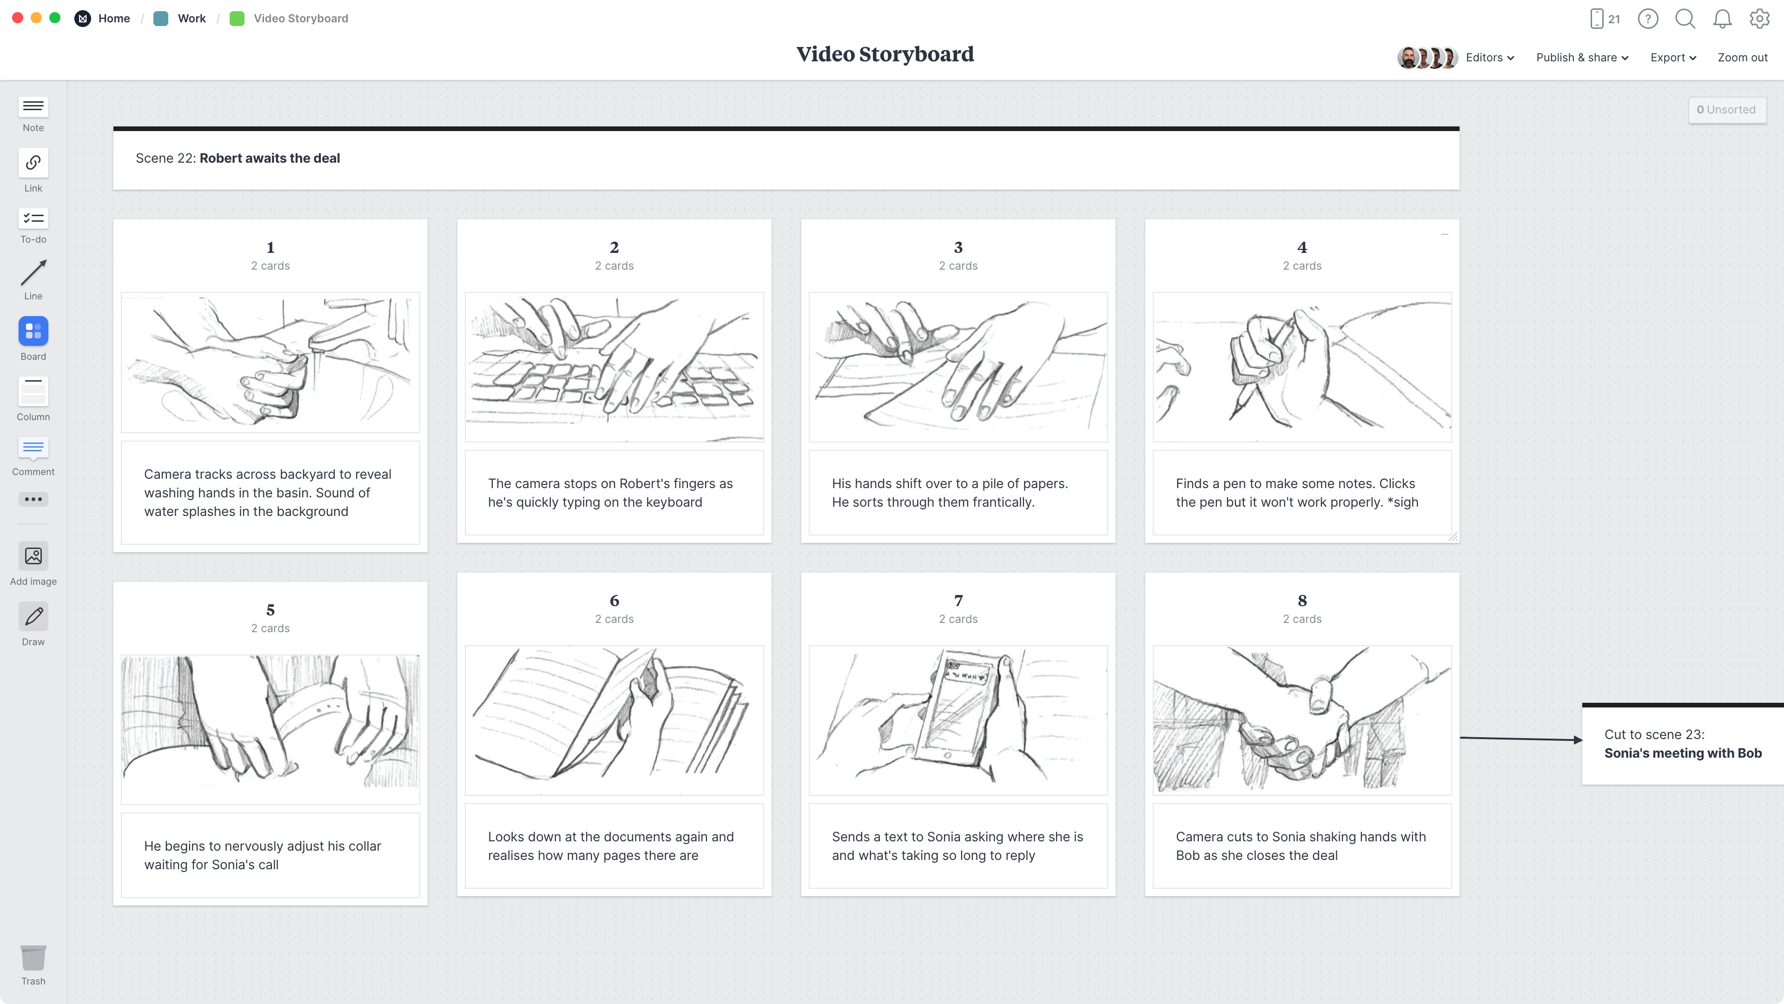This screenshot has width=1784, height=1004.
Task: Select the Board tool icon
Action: (x=33, y=332)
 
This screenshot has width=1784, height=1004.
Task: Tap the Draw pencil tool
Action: (x=33, y=616)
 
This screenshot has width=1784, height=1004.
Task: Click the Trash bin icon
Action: (x=33, y=958)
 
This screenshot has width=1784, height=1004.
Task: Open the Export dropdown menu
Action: (x=1672, y=58)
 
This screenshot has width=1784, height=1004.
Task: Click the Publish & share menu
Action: (x=1582, y=58)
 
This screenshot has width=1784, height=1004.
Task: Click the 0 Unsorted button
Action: (x=1726, y=109)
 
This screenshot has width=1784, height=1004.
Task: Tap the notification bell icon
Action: (x=1722, y=19)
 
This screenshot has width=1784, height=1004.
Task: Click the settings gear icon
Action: (x=1759, y=19)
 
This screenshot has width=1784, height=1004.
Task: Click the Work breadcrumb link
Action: (x=191, y=19)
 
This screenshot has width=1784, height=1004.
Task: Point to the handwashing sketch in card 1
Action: (x=270, y=362)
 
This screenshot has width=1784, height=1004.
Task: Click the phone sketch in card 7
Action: (x=958, y=720)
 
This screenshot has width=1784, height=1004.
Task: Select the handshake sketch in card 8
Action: (x=1302, y=720)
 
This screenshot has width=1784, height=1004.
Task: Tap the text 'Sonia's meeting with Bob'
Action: (x=1682, y=753)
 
